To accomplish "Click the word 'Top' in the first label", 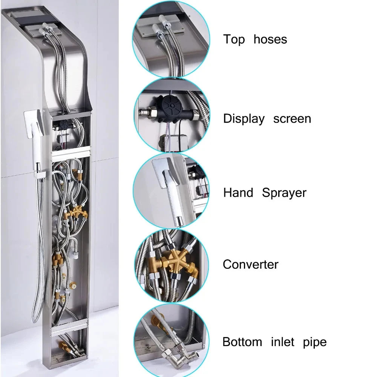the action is tap(234, 40).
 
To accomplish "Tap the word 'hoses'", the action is tap(270, 39).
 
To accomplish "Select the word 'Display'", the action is tap(244, 119).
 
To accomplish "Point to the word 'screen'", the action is tap(292, 119).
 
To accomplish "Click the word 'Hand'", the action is tap(238, 193).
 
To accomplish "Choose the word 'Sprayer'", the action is tap(284, 193).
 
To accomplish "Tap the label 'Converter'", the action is tap(251, 265).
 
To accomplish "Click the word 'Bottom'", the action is tap(242, 342).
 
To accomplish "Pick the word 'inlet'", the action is tap(282, 342).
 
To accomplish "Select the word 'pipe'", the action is tap(315, 343).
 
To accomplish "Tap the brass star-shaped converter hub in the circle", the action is tap(175, 261).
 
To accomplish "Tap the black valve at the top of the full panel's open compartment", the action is tap(65, 124).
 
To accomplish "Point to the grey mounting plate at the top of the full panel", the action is tap(43, 30).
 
